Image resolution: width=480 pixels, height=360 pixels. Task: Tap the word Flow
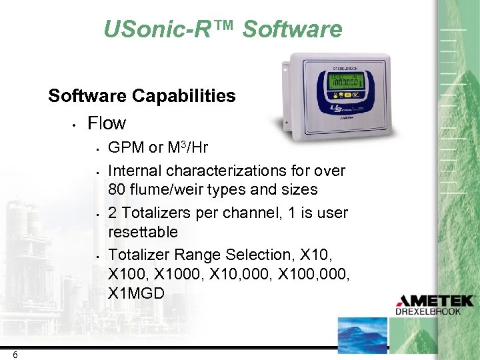tap(107, 123)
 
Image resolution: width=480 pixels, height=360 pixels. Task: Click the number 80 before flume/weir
tap(117, 190)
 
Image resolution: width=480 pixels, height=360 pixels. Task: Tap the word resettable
tap(143, 232)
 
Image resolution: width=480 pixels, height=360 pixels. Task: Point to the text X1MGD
tap(136, 292)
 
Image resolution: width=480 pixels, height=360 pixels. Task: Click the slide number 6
tap(15, 354)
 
